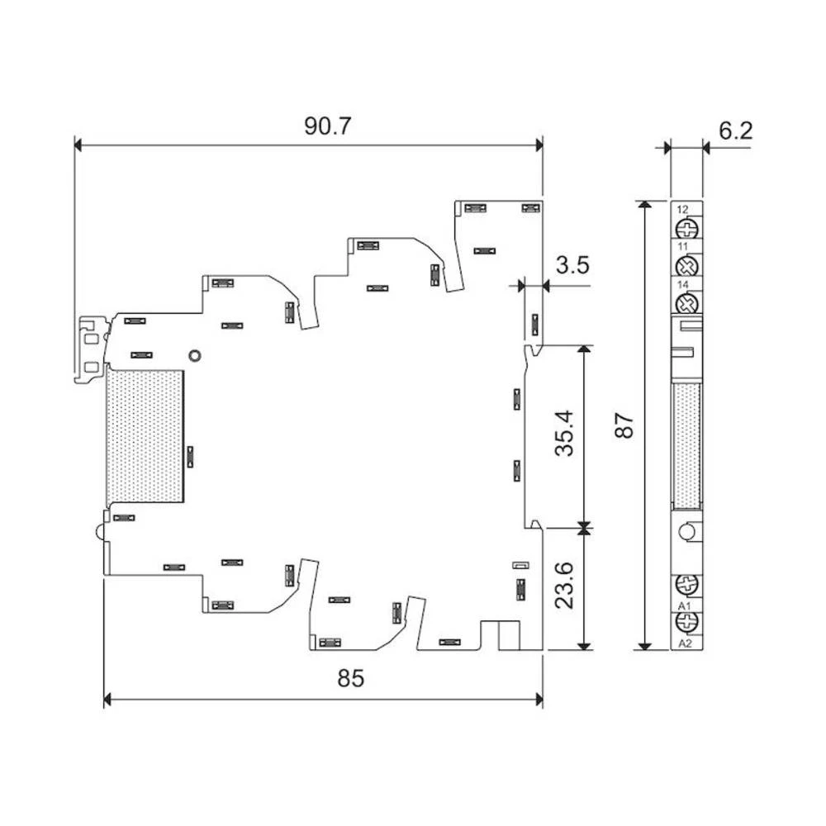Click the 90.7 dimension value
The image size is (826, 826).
click(x=327, y=126)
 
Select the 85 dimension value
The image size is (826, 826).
click(x=351, y=678)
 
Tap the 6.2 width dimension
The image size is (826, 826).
click(x=735, y=131)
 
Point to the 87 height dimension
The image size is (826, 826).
click(x=624, y=425)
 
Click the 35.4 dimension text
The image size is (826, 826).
click(x=564, y=433)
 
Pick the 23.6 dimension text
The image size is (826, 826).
click(x=564, y=586)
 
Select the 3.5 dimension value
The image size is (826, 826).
click(x=572, y=265)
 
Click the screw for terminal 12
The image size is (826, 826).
click(x=687, y=229)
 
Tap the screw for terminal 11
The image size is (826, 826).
click(x=687, y=266)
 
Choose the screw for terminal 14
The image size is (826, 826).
click(x=687, y=304)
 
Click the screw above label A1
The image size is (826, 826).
click(x=687, y=584)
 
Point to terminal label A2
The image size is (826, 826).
click(x=685, y=643)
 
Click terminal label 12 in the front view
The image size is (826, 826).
click(x=683, y=210)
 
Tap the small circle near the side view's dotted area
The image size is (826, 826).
click(x=195, y=355)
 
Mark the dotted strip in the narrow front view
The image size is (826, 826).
click(x=687, y=446)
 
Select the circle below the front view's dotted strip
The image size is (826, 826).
click(x=687, y=531)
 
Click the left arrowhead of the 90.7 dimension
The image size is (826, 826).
click(x=78, y=145)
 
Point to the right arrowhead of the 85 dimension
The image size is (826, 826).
click(x=539, y=700)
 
